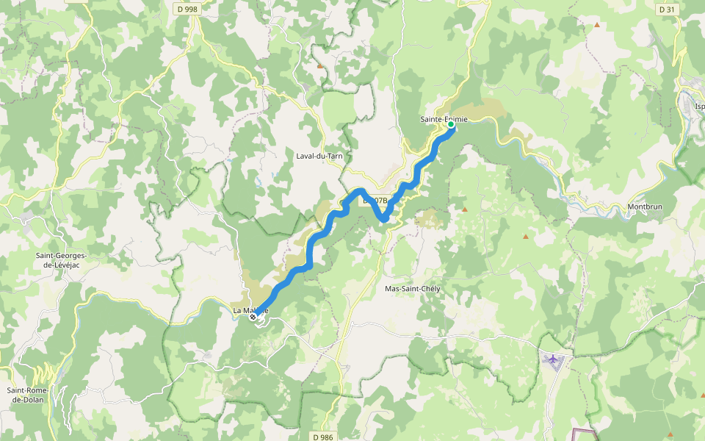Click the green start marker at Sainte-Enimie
450,125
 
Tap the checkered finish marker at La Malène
253,318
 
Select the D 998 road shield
187,9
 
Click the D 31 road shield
666,10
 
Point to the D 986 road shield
322,437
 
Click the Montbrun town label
645,207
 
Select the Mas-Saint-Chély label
412,289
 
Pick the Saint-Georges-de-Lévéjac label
61,260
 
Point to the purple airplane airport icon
552,358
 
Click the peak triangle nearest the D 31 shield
596,26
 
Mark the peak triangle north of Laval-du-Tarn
319,66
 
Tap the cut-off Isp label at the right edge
699,107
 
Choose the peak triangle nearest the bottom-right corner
670,434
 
